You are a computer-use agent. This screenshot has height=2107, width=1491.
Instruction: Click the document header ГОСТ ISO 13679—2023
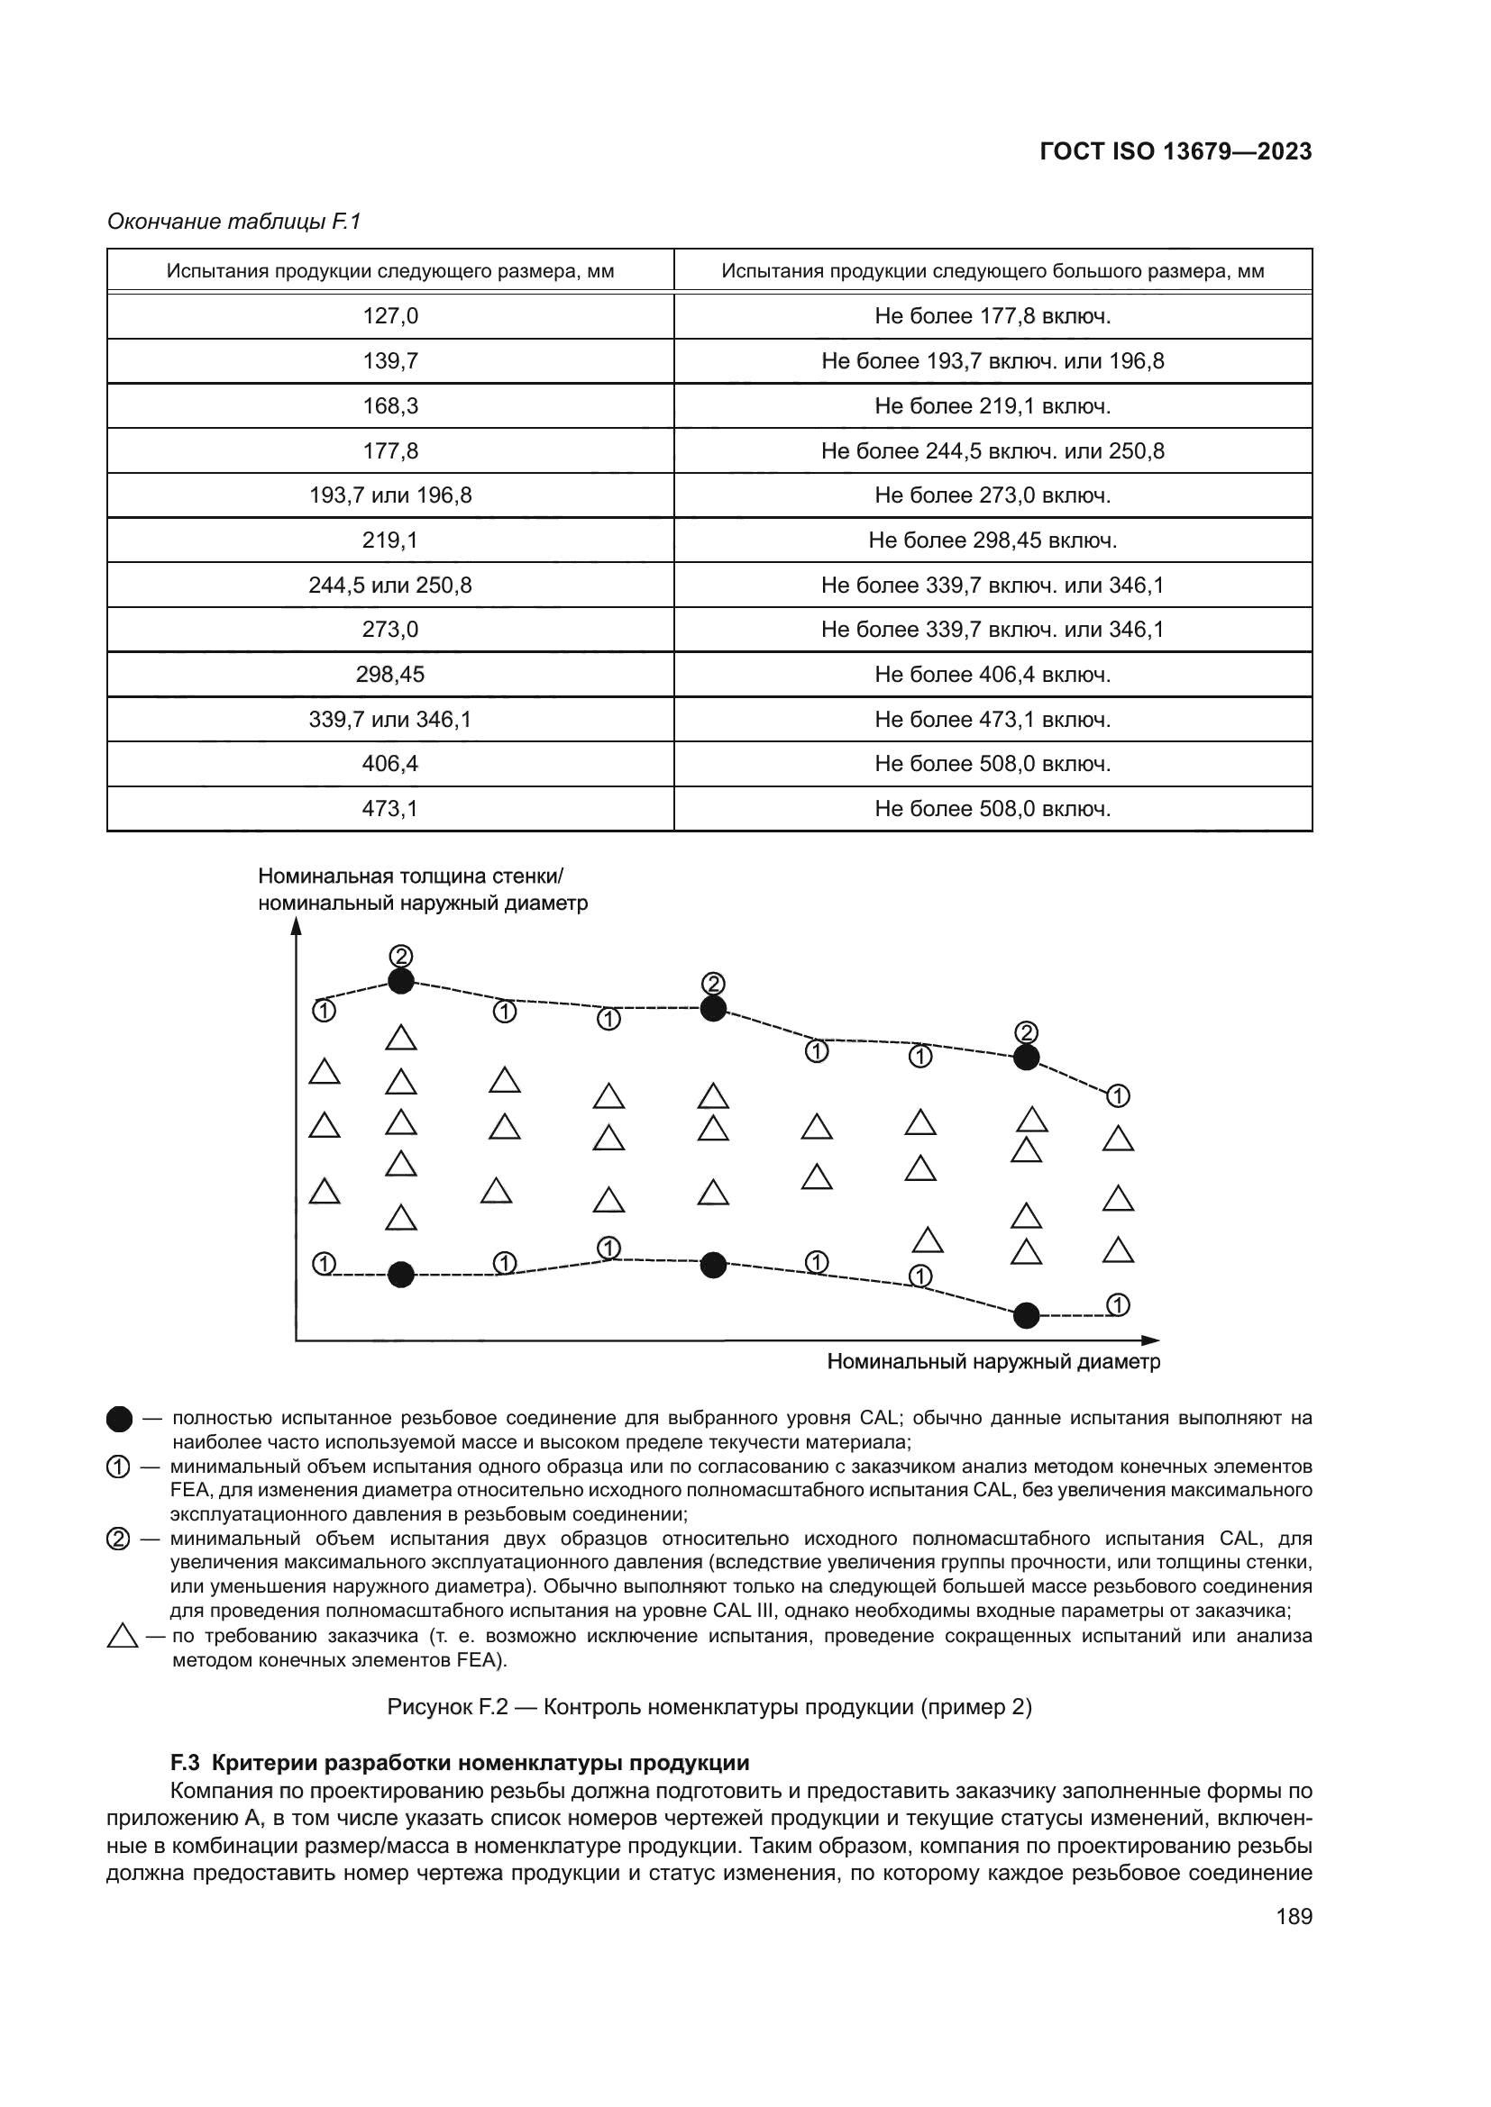(1175, 151)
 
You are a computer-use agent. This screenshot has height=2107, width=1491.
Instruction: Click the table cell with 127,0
(390, 315)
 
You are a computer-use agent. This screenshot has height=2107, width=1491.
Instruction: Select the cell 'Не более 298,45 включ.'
(992, 540)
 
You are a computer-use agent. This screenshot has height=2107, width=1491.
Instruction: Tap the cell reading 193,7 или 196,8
(390, 495)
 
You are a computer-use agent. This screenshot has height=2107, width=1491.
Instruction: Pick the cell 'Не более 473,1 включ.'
(992, 720)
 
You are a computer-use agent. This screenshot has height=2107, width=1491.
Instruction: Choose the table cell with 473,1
(390, 808)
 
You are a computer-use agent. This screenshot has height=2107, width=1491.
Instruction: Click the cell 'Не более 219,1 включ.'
(992, 405)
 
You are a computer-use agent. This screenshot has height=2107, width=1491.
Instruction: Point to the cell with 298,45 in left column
(390, 675)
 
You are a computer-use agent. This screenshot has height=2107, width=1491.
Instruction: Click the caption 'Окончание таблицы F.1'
(234, 222)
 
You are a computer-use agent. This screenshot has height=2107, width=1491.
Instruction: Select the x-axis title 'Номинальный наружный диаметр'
(993, 1361)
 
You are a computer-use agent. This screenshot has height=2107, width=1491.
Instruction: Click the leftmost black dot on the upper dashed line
(401, 981)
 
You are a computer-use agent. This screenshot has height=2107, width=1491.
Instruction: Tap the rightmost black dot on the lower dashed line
(1027, 1315)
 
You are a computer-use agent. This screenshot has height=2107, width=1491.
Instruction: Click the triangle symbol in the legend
(122, 1636)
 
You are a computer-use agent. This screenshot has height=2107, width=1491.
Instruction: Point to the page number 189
(1294, 1916)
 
